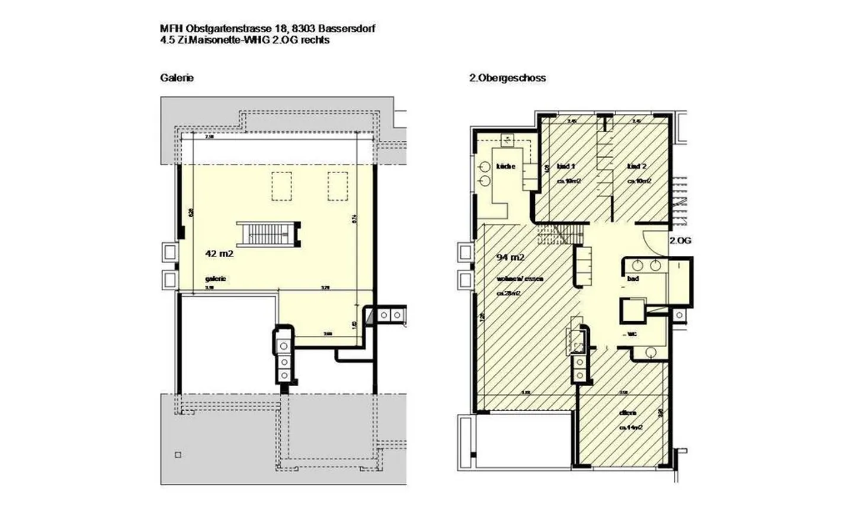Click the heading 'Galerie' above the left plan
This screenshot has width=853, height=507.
click(x=177, y=78)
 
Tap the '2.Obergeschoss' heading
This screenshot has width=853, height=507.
click(x=507, y=78)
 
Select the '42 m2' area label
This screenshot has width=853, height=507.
click(x=219, y=254)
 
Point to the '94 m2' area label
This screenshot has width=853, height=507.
click(x=510, y=257)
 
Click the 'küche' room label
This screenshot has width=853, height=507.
click(x=506, y=166)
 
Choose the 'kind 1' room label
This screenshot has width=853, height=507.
click(x=566, y=166)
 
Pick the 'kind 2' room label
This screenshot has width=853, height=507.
click(x=637, y=166)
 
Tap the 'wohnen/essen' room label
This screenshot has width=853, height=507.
click(x=520, y=278)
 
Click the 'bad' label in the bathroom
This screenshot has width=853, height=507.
click(x=633, y=278)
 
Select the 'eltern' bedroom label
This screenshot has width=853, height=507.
click(x=628, y=413)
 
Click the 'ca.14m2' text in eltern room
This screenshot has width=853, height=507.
click(x=631, y=426)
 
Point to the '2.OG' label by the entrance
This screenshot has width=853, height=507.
click(x=680, y=240)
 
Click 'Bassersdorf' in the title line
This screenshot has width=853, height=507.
click(x=346, y=28)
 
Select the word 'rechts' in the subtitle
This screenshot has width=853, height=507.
click(x=316, y=40)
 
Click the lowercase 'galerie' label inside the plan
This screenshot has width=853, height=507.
click(x=216, y=278)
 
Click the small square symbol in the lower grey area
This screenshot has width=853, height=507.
click(x=178, y=455)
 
